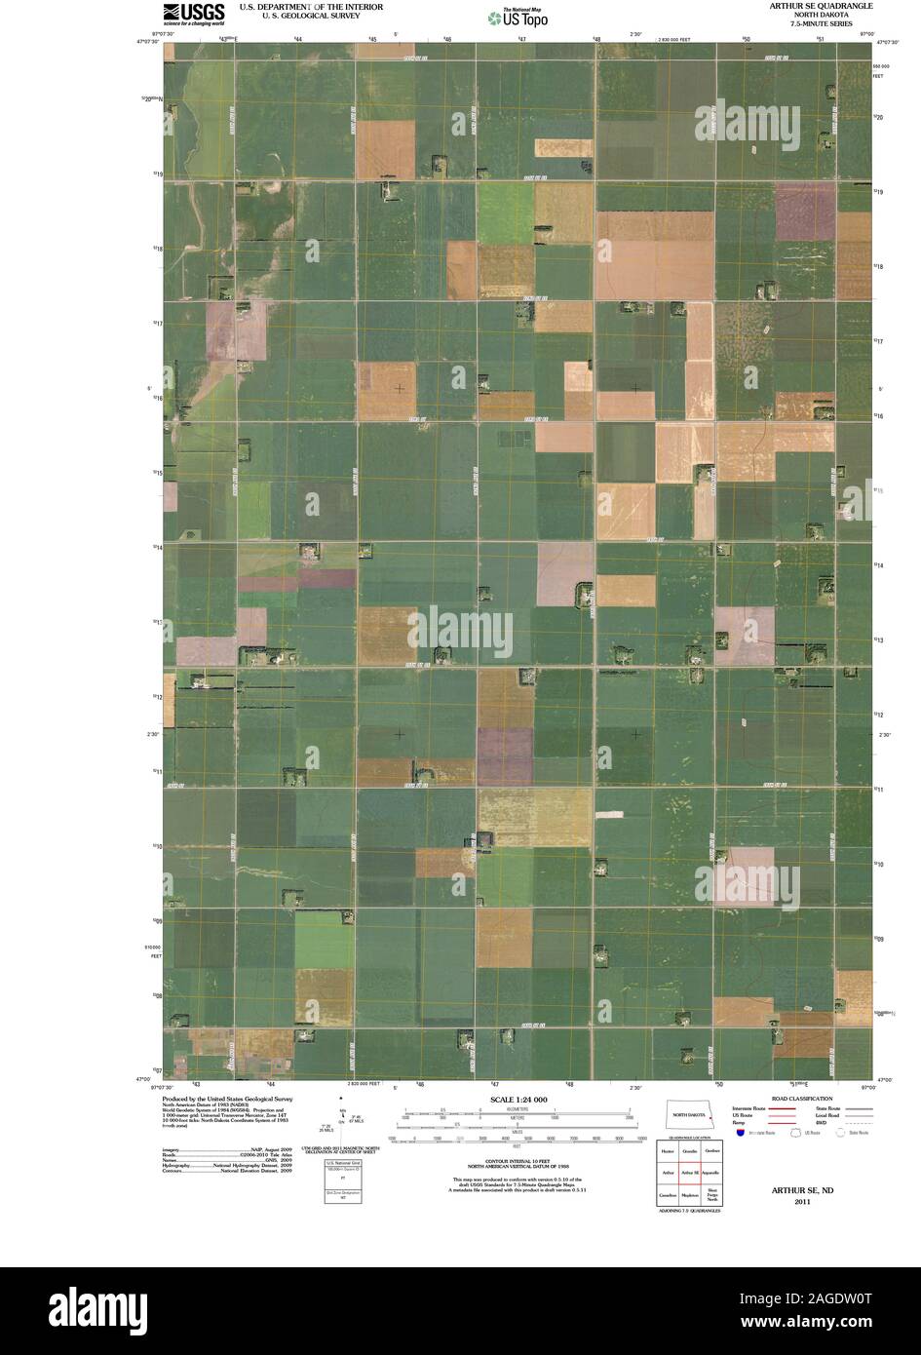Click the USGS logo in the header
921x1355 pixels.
click(x=193, y=12)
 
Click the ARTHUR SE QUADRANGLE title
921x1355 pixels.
click(x=819, y=6)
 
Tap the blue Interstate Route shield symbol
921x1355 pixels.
click(x=741, y=1134)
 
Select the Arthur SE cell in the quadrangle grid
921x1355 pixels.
click(x=689, y=1173)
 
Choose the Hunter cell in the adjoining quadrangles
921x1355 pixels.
click(x=668, y=1152)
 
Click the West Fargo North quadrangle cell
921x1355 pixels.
click(x=711, y=1194)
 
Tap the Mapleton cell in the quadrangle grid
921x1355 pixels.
click(x=689, y=1194)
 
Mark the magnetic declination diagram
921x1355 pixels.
click(x=343, y=1121)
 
